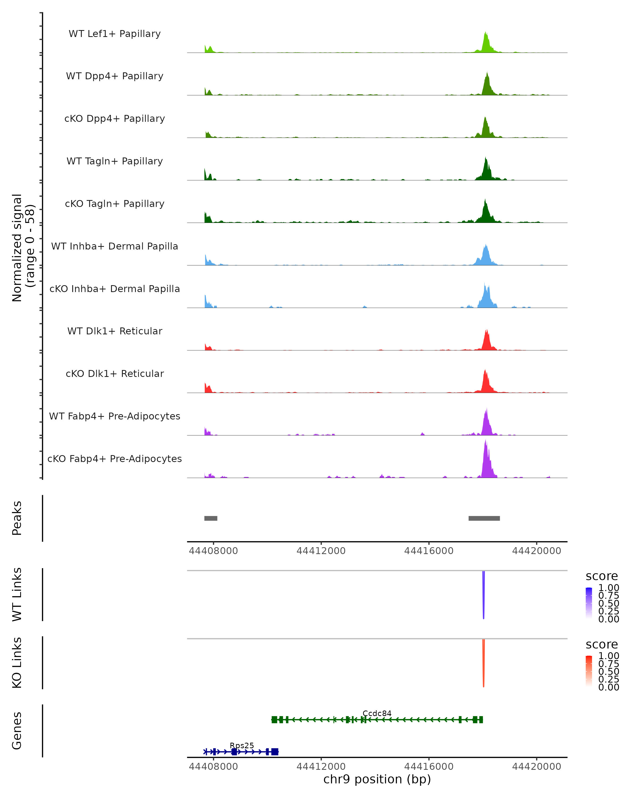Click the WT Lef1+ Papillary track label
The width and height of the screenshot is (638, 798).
tap(115, 34)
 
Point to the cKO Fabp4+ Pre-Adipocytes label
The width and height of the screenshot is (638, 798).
tap(115, 459)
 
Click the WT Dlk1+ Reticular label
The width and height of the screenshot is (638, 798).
tap(115, 331)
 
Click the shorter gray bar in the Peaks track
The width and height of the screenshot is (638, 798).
tap(211, 518)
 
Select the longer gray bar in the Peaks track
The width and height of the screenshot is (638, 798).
tap(484, 518)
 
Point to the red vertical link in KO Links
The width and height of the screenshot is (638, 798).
tap(483, 663)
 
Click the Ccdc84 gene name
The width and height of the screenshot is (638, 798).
tap(377, 713)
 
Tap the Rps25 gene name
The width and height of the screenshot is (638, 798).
tap(242, 745)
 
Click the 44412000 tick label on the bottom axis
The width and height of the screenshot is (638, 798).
tap(321, 767)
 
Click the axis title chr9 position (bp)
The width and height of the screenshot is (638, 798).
tap(377, 779)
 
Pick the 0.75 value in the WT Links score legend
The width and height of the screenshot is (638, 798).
tap(608, 596)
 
